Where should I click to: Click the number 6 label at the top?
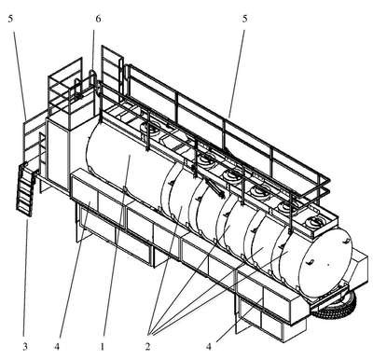[98, 19]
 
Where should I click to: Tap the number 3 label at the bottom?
[25, 346]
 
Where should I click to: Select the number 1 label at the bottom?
[102, 346]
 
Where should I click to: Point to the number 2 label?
[147, 346]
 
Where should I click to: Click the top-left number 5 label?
[11, 19]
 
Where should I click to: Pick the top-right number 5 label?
[244, 19]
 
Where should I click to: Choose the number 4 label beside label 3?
[57, 346]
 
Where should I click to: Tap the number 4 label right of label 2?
[209, 346]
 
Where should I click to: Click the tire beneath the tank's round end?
[336, 305]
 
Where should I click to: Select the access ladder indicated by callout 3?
[25, 189]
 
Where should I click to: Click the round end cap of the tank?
[320, 263]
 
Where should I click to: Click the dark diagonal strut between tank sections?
[214, 187]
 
